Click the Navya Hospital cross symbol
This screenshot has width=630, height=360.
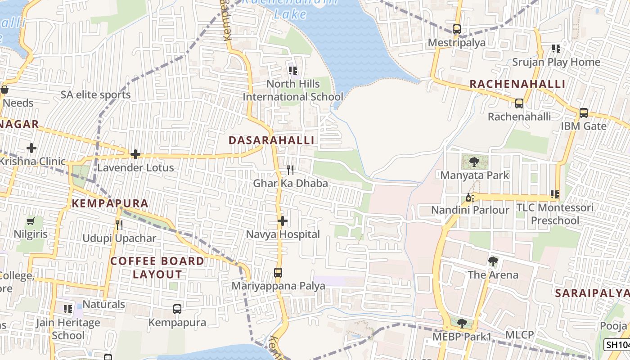click(283, 221)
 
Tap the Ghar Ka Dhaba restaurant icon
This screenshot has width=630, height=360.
click(290, 170)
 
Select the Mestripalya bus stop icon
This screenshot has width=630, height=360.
click(457, 29)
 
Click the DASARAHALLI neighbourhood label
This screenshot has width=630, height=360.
click(271, 140)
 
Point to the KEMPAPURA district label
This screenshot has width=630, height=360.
click(110, 203)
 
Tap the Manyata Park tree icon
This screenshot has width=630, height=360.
click(474, 162)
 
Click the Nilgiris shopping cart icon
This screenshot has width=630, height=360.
click(31, 221)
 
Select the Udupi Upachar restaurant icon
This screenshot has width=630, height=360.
click(119, 225)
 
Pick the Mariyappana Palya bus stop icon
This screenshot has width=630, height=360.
click(278, 273)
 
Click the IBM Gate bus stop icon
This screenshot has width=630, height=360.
click(584, 113)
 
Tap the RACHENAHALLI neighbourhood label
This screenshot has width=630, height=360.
click(517, 84)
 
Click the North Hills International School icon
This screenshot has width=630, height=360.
click(293, 71)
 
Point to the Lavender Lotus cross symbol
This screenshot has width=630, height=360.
click(135, 154)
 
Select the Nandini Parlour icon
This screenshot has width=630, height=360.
click(470, 197)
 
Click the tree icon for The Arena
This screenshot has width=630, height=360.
click(493, 261)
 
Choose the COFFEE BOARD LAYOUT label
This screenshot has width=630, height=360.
click(157, 267)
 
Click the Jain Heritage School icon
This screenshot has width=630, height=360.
click(68, 309)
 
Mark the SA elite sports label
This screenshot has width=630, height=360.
click(96, 94)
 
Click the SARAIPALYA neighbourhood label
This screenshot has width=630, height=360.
click(592, 293)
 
